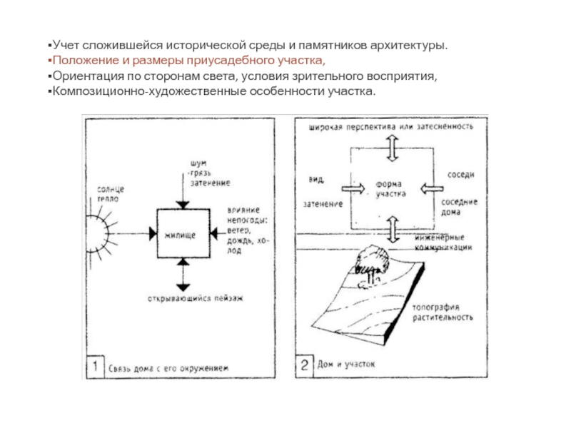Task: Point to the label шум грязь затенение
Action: [x=208, y=173]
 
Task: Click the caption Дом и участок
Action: [x=348, y=365]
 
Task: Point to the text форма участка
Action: [x=391, y=188]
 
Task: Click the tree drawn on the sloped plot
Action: [x=370, y=260]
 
